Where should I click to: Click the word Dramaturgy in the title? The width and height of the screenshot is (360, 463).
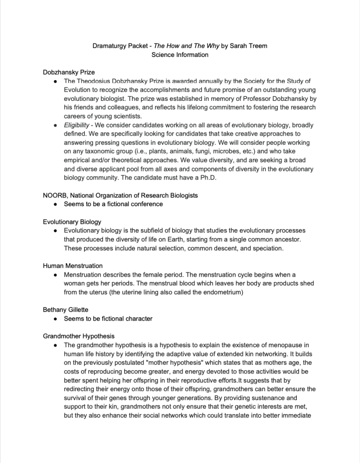(x=110, y=46)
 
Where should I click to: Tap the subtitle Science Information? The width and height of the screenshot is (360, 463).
(x=180, y=55)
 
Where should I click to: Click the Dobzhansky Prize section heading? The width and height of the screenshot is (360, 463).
(x=69, y=72)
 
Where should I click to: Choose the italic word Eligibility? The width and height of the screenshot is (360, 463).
(x=76, y=125)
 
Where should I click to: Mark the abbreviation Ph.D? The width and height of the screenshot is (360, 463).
(x=207, y=178)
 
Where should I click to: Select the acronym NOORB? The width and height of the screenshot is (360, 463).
(x=54, y=195)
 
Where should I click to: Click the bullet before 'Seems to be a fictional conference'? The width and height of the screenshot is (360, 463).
(x=55, y=204)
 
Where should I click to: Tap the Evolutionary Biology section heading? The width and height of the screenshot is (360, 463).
(x=72, y=222)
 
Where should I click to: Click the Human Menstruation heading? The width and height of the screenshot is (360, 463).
(x=73, y=266)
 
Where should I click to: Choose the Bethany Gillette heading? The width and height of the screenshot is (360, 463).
(x=65, y=310)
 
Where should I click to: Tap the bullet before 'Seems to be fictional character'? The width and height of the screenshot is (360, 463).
(x=55, y=319)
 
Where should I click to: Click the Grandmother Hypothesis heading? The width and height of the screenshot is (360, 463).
(x=79, y=336)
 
